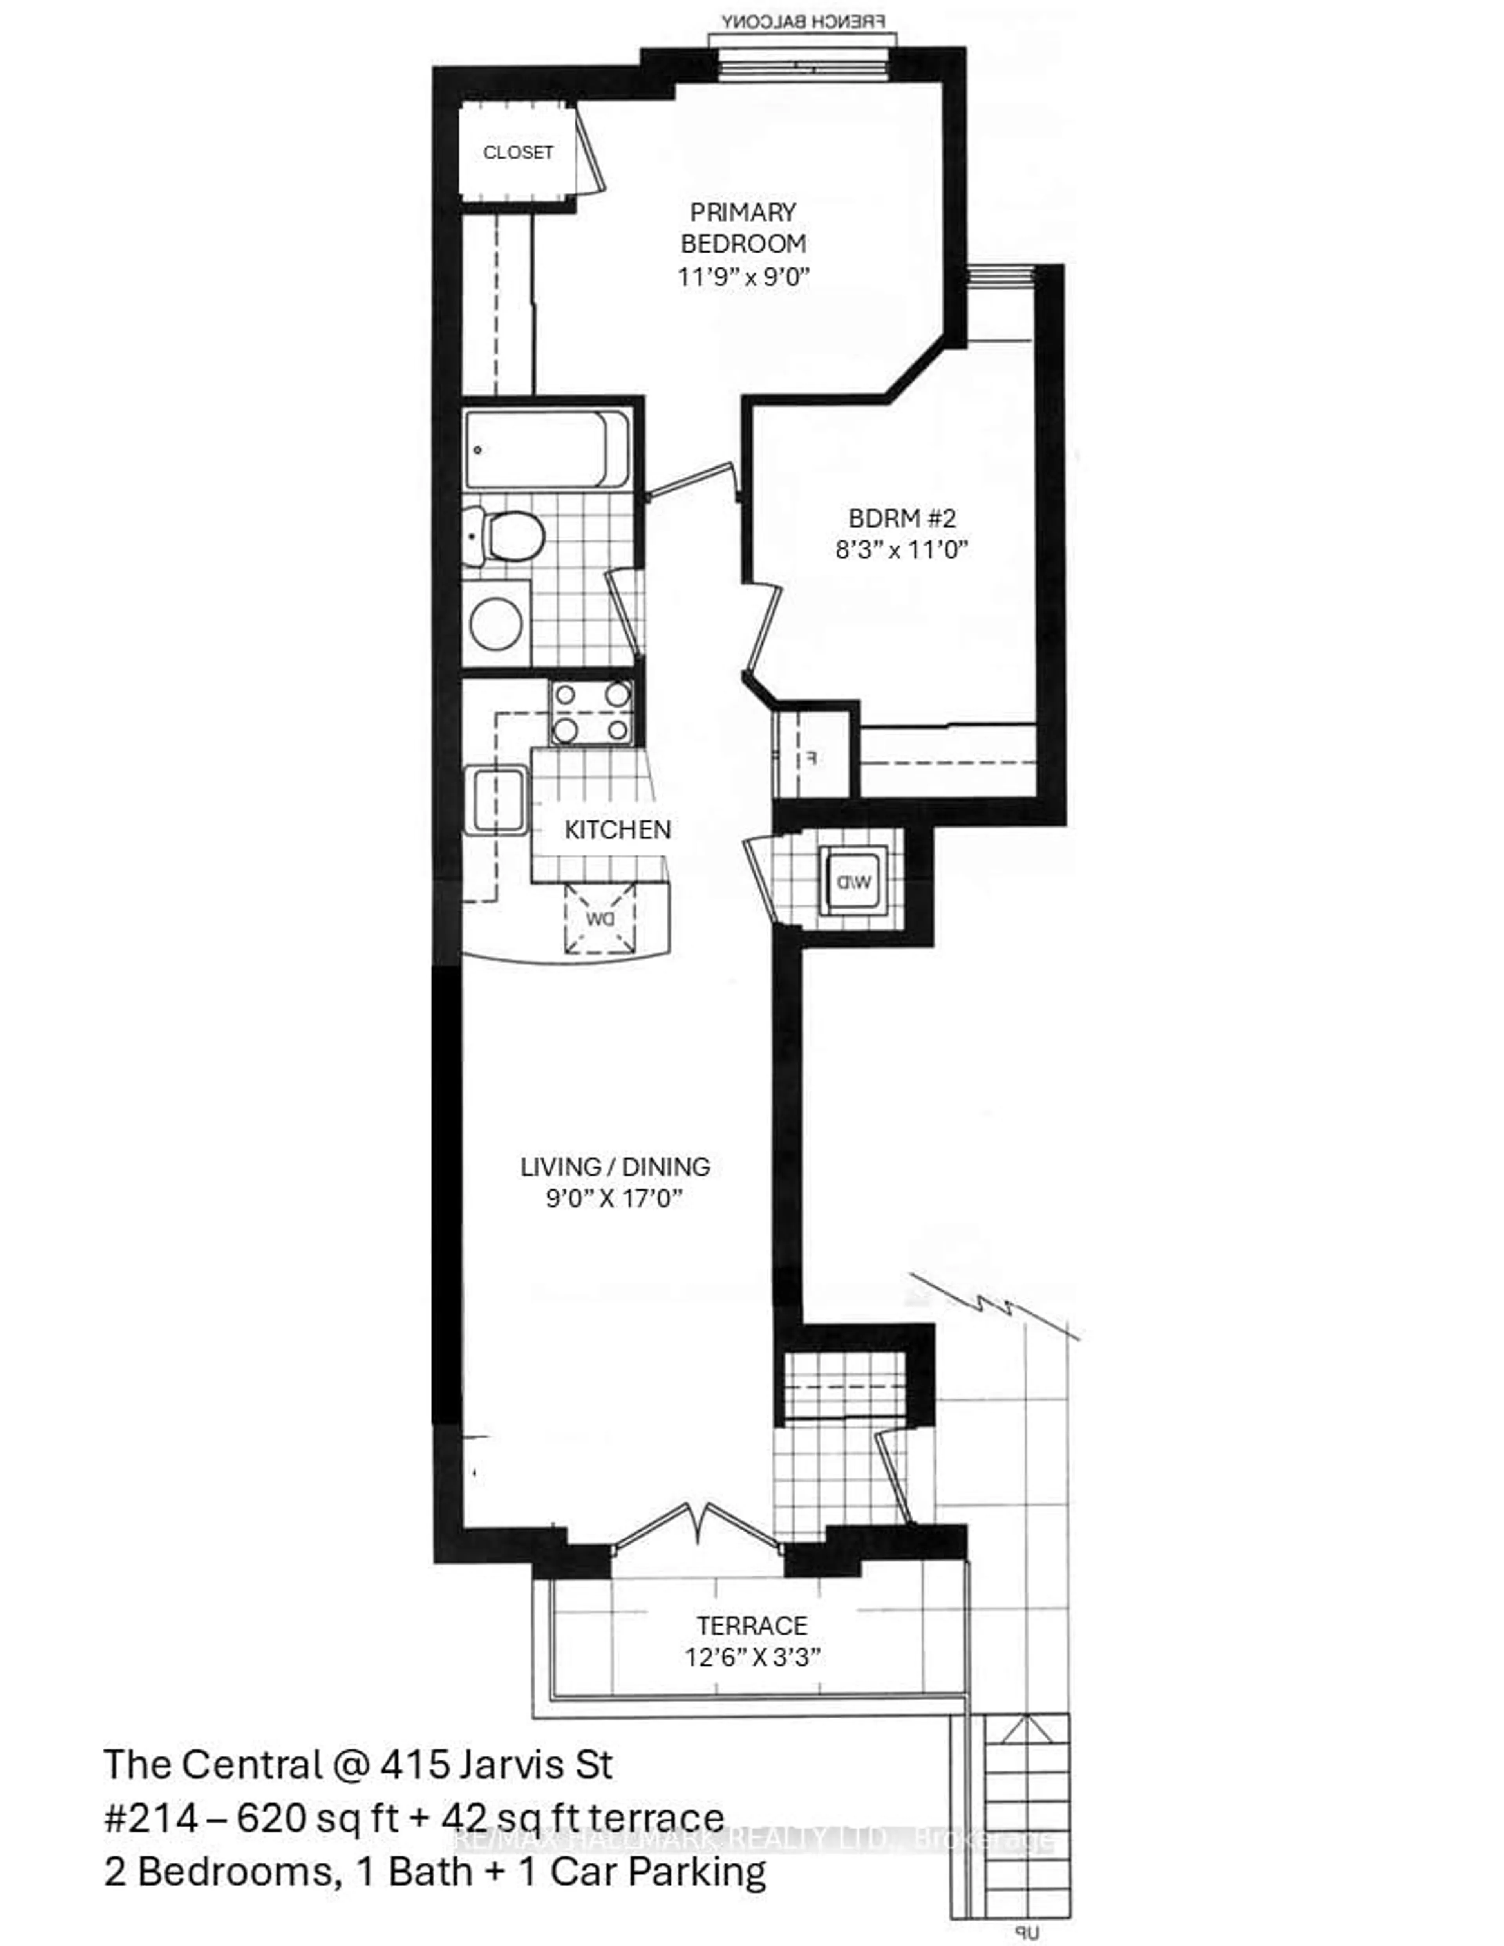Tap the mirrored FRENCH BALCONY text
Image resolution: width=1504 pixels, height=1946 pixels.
803,22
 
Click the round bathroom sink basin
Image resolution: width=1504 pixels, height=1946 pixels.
496,623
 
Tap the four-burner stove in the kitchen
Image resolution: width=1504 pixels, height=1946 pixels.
591,713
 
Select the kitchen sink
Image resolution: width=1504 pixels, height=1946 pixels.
496,799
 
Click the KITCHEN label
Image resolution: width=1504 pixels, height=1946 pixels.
617,829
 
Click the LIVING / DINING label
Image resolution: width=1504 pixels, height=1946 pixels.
615,1166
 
